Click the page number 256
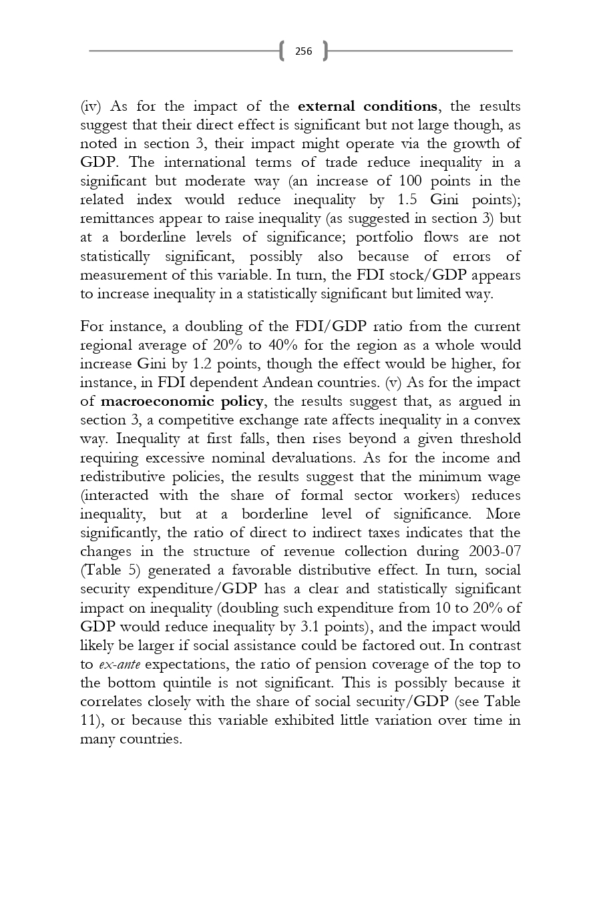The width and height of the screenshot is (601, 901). [303, 51]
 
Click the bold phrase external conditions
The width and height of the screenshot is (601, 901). [367, 107]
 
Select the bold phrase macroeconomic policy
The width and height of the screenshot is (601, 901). [182, 402]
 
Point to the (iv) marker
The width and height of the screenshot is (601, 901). [90, 107]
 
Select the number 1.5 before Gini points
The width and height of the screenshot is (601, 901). [407, 200]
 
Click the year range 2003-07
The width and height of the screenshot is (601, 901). [495, 552]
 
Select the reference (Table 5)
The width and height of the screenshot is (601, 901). [110, 571]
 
